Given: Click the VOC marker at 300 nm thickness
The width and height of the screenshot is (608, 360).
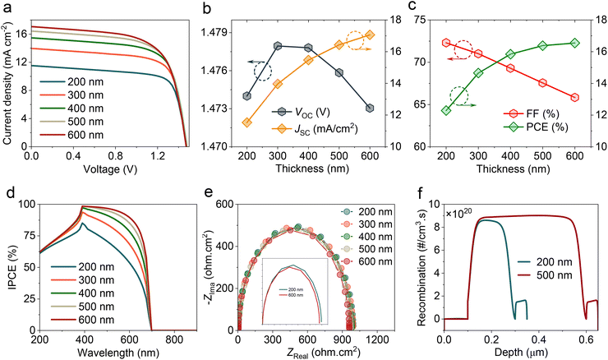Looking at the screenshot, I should click(278, 45).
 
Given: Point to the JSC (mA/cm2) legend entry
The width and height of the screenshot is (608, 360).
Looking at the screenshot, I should click(317, 127).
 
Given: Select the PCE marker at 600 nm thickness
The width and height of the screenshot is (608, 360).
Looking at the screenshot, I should click(574, 43).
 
